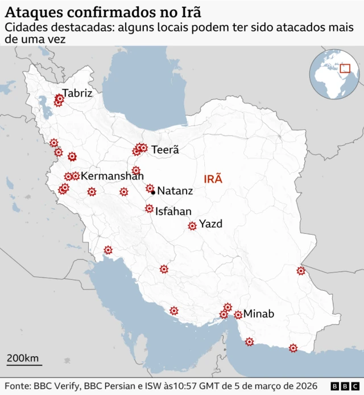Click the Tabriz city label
pos(77,93)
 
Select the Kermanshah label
pos(112,176)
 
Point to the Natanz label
pos(175,191)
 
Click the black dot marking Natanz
pos(154,192)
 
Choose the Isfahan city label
pos(173,211)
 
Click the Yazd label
pos(210,224)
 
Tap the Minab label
pos(259,314)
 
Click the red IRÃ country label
pos(213,179)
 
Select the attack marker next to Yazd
pos(192,226)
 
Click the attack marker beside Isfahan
pos(149,209)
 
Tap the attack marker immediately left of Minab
pos(238,315)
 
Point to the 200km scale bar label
pos(23,358)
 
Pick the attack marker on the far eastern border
pos(301,271)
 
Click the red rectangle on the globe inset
pos(344,69)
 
